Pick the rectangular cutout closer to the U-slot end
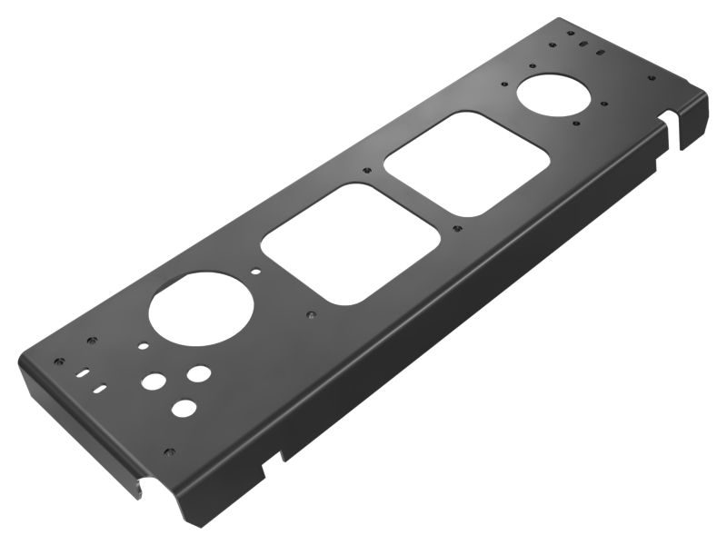(467, 163)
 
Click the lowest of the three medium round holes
(184, 408)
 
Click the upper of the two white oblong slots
(84, 372)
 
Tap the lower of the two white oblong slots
(100, 389)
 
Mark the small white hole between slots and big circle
(143, 345)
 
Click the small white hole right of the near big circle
(257, 271)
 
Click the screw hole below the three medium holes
(168, 451)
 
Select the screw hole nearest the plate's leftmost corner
(59, 361)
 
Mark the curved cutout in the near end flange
(138, 487)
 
